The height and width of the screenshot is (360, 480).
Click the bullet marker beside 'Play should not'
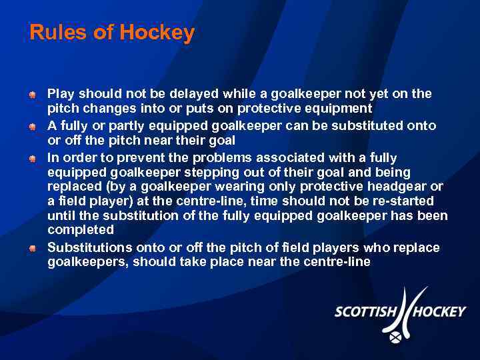[x=32, y=95]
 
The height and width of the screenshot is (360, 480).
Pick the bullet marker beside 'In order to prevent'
[x=32, y=159]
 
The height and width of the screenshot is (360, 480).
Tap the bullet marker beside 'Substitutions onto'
[x=32, y=248]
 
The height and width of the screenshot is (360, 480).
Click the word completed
[x=81, y=230]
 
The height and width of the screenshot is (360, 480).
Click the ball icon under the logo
[x=396, y=338]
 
